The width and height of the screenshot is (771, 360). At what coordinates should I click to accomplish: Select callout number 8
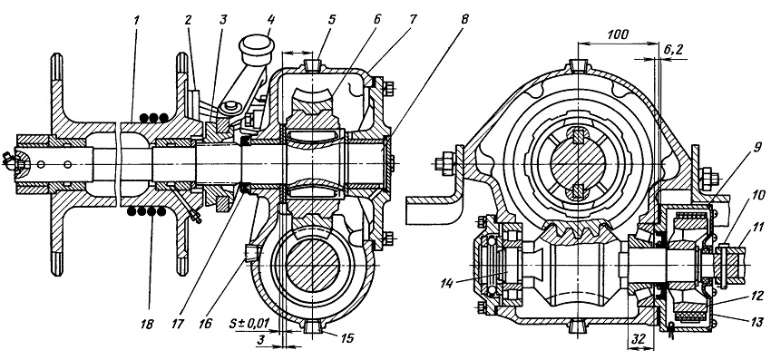point(464,20)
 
